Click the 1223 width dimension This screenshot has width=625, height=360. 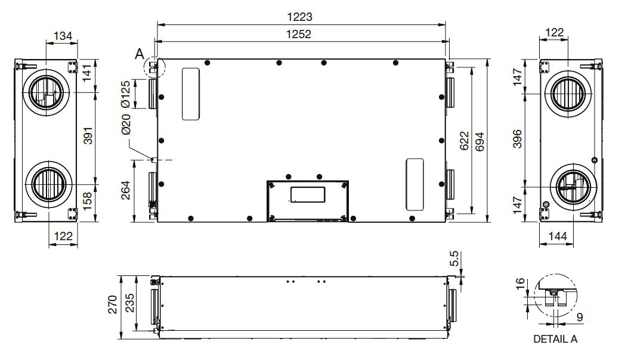click(x=299, y=17)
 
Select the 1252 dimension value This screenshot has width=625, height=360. click(x=299, y=34)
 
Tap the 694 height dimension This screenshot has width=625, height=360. click(x=479, y=141)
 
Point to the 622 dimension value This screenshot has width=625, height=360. click(x=465, y=141)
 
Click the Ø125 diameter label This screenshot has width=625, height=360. click(x=126, y=94)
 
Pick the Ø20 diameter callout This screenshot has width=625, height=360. click(x=126, y=124)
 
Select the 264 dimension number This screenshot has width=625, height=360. click(x=126, y=190)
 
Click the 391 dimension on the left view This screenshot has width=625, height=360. click(x=88, y=135)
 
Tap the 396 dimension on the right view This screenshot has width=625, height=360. click(x=517, y=139)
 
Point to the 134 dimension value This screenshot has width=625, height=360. click(x=63, y=36)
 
